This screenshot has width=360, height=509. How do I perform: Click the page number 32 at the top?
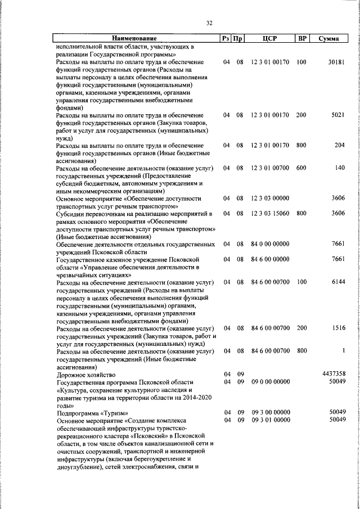tap(209, 23)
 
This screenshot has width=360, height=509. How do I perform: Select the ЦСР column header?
tap(270, 39)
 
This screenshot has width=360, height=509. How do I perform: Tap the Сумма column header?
tap(328, 39)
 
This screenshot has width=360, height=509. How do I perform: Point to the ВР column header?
tap(302, 39)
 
